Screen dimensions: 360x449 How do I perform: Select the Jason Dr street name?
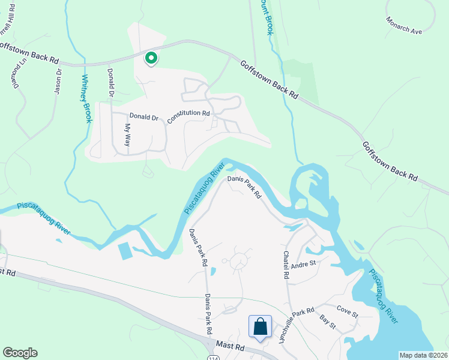[x=58, y=80]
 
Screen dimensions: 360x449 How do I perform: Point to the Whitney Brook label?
[x=88, y=98]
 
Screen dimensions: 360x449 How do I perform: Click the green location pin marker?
[x=151, y=58]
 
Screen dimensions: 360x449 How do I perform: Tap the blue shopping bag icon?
[x=261, y=328]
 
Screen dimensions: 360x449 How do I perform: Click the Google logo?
[x=20, y=353]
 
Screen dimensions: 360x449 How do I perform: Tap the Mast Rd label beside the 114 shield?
[x=231, y=347]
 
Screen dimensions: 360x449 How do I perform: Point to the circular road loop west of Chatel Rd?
[x=237, y=261]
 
